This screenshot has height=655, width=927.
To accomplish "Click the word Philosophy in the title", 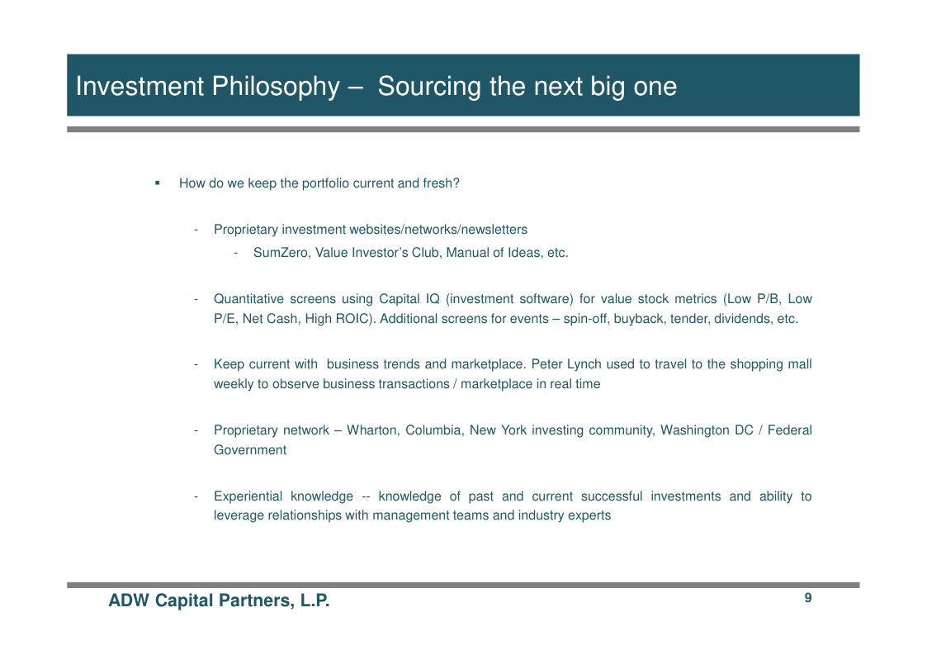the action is [276, 87].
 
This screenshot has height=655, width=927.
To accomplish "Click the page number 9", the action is [807, 598].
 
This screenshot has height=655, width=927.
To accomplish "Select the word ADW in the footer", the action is [129, 600].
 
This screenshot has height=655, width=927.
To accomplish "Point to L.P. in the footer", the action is [315, 600].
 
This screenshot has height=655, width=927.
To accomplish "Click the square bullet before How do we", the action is [158, 183].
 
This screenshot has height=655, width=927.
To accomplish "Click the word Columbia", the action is [433, 430].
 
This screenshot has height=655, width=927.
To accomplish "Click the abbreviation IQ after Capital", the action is [433, 299].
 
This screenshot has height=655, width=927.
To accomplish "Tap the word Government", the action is [250, 450].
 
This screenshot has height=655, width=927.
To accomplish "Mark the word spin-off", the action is [584, 319].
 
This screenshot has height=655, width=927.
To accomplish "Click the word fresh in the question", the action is [437, 183].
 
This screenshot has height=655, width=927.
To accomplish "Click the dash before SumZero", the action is [236, 254].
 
